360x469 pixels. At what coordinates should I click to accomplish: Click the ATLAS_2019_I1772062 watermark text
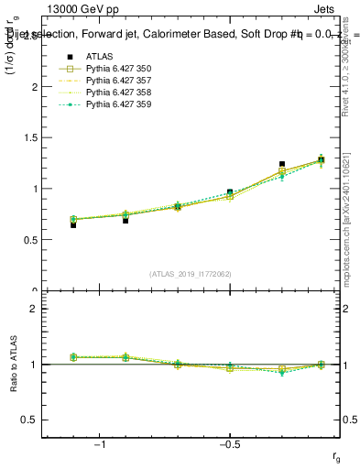click(x=190, y=273)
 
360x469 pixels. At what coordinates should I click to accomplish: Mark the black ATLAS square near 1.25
click(x=282, y=164)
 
